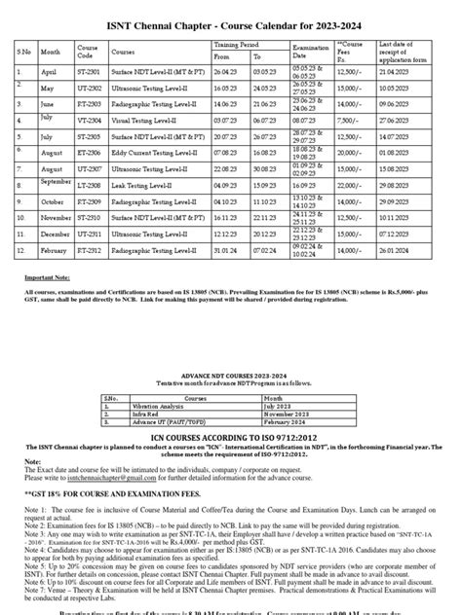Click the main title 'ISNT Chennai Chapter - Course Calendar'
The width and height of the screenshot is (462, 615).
(x=231, y=20)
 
